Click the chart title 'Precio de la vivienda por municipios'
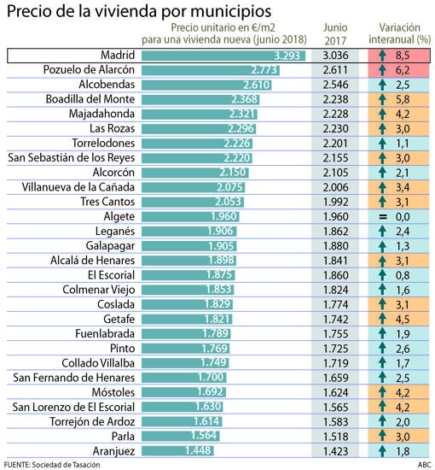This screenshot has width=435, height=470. [139, 11]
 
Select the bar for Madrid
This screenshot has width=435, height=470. [223, 56]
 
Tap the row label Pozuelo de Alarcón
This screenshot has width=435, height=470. [89, 70]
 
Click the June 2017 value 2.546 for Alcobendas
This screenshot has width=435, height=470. [335, 85]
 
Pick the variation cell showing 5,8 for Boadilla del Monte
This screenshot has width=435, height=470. [399, 99]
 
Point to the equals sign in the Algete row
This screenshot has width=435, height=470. [383, 217]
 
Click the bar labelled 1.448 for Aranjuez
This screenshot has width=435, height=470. [177, 450]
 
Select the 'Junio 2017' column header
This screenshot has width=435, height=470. [335, 34]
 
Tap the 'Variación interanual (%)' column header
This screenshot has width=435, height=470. [399, 33]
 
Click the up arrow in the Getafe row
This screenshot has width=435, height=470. [382, 319]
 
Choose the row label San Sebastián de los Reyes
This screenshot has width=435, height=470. [71, 158]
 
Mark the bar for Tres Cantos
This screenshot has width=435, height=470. [193, 202]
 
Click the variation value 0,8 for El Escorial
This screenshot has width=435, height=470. [403, 275]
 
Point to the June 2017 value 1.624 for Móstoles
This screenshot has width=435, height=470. [335, 393]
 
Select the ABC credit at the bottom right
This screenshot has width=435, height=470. [424, 465]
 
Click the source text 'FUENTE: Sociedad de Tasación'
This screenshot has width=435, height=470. [52, 465]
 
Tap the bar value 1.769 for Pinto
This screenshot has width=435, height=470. [215, 349]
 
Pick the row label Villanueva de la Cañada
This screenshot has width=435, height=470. [78, 187]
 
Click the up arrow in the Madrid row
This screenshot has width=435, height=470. [382, 56]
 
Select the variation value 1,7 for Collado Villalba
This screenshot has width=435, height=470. [403, 363]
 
